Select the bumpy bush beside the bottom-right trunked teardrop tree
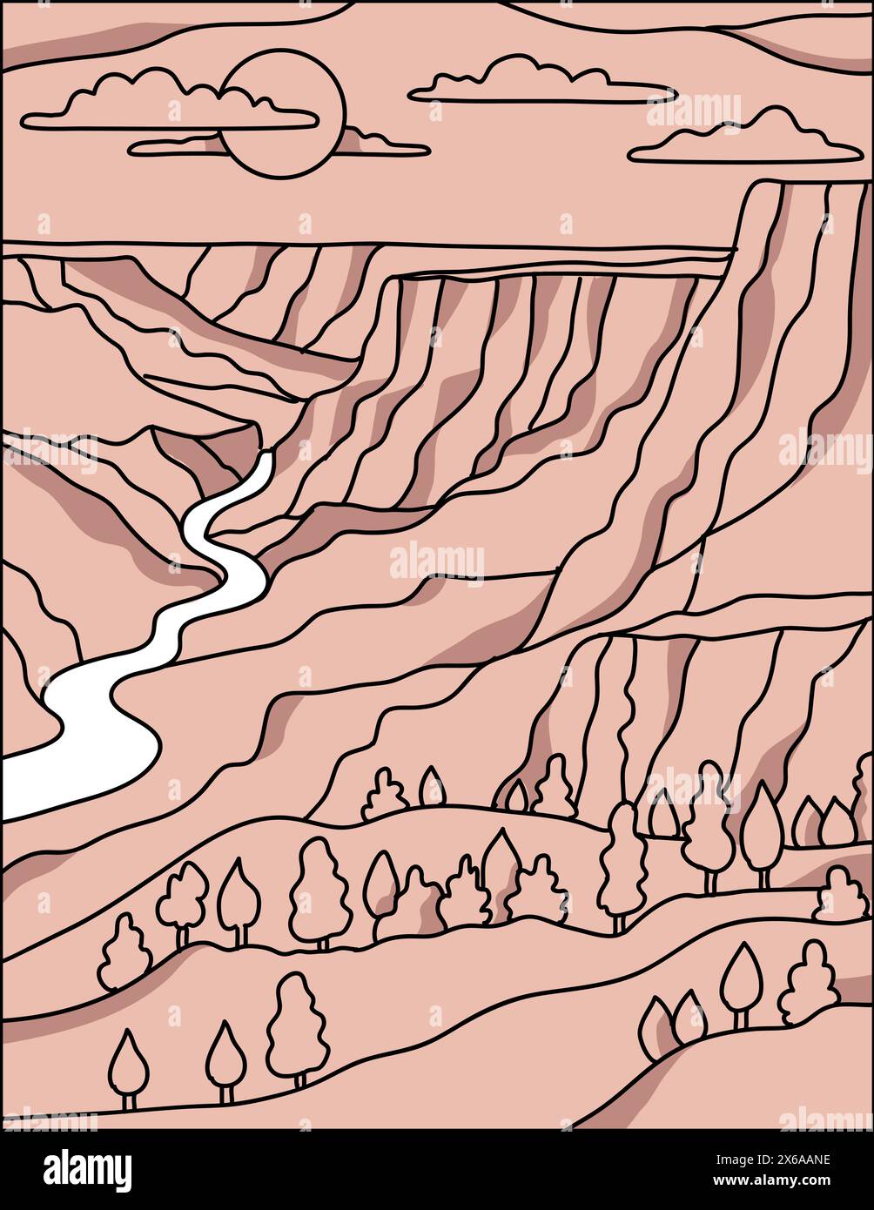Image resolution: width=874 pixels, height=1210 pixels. [808, 984]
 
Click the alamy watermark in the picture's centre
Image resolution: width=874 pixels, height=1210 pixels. [437, 561]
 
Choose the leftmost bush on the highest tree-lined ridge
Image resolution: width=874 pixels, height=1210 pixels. [384, 795]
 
